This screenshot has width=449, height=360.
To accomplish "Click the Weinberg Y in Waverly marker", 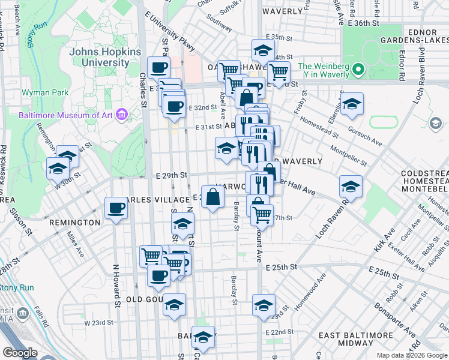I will click(x=360, y=70).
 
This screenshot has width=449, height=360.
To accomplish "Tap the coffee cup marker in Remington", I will click(x=116, y=209).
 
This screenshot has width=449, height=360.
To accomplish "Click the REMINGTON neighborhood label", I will click(x=75, y=223).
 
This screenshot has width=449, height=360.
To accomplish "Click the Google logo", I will click(x=20, y=353).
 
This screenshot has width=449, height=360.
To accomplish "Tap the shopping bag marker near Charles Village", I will click(x=213, y=197).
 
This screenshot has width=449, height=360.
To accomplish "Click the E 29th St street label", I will click(x=172, y=175).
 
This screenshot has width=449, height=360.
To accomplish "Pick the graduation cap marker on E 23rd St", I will click(x=264, y=305).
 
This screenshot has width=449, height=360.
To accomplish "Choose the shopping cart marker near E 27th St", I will click(x=262, y=214).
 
